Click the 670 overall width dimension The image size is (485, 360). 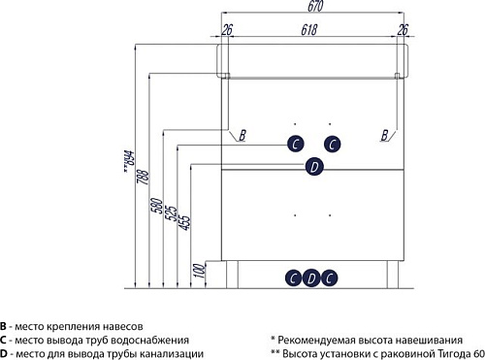point(315,6)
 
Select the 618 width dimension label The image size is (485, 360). point(309,30)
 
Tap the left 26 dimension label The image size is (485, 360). point(227,30)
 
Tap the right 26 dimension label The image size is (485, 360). point(403,30)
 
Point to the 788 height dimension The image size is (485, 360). point(143,177)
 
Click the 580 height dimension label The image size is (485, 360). point(157,206)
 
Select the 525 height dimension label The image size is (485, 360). point(171,213)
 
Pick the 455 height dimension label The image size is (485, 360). point(185,222)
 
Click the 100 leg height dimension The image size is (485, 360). point(200,271)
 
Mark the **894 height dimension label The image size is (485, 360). point(129,161)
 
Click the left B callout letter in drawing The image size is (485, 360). point(242,135)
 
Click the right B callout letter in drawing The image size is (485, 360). point(384,135)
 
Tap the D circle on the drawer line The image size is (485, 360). point(314,167)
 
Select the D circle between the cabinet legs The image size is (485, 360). point(311,278)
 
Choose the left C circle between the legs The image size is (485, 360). point(294,278)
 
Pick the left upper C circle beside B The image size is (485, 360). point(296,145)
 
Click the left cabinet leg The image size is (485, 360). point(232,275)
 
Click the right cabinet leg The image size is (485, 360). point(393,275)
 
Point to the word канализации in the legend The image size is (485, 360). point(172,354)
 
